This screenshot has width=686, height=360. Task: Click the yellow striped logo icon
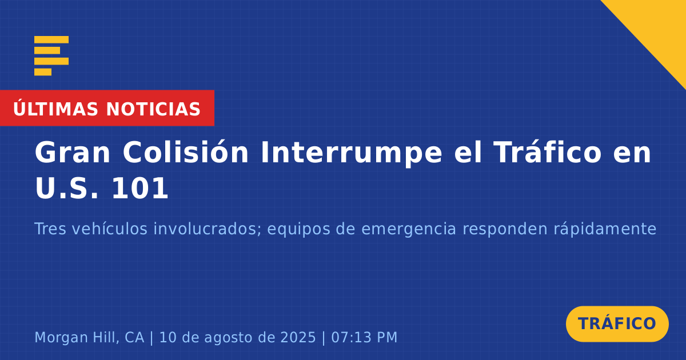point(51,56)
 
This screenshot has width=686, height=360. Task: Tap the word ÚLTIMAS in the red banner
point(55,109)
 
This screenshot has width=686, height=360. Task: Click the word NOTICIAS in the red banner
point(153,109)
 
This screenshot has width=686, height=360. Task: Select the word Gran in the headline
point(72,153)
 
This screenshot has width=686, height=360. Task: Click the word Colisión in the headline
point(186,152)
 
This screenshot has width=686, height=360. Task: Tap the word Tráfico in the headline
point(548,152)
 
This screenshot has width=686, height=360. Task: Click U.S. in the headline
point(67,188)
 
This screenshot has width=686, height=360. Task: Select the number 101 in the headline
point(139,188)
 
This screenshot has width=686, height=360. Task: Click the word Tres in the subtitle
point(50,229)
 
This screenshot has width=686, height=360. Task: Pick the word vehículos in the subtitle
point(110,229)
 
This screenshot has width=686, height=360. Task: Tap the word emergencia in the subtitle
point(409,230)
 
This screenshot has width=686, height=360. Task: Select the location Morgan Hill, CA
point(89,337)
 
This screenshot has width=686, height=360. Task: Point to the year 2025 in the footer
point(298,337)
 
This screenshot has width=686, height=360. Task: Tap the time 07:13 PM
point(364,337)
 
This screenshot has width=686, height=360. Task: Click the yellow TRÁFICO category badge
point(617,323)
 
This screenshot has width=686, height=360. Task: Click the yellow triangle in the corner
point(659,27)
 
